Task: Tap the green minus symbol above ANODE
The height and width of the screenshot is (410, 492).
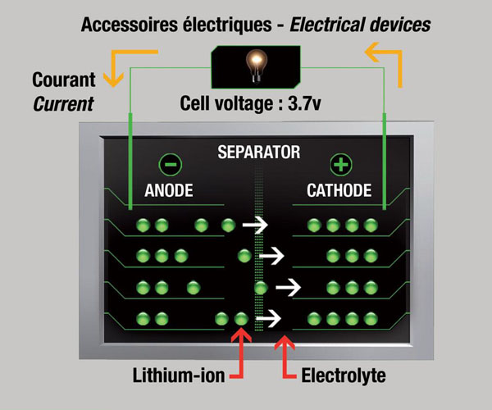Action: click(169, 164)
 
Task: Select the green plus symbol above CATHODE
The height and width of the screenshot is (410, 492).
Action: click(339, 164)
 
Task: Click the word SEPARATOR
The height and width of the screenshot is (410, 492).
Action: click(258, 152)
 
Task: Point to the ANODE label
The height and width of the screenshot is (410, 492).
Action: click(168, 191)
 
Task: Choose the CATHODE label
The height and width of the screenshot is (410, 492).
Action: click(339, 191)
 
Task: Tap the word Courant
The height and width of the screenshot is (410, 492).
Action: click(64, 81)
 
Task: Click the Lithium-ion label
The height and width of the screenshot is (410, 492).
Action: click(181, 377)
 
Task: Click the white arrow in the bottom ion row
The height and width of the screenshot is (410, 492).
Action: click(268, 317)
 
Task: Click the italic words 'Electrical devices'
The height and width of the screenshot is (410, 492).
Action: click(370, 25)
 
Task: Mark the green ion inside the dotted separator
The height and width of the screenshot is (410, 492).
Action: click(262, 288)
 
